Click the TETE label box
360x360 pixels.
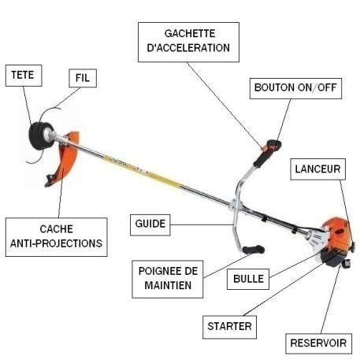pos(24,76)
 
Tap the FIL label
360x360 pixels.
pos(83,78)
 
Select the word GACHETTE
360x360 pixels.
pos(190,34)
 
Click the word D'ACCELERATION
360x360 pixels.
pos(188,48)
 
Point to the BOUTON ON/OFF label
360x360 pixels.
pos(295,88)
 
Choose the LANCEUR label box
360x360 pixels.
pos(317,169)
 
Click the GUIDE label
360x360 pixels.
pos(150,225)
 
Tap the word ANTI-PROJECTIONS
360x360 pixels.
pos(56,243)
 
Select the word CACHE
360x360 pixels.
pos(57,229)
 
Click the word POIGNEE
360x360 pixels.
pos(159,271)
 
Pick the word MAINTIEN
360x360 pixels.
pos(168,286)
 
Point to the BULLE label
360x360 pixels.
pos(248,279)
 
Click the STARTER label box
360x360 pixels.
pos(229,327)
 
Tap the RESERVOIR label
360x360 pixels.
pos(318,343)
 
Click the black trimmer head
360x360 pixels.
pos(39,136)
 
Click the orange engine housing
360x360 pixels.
pos(337,234)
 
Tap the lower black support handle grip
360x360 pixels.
pos(254,249)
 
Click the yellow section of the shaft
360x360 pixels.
pos(142,169)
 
